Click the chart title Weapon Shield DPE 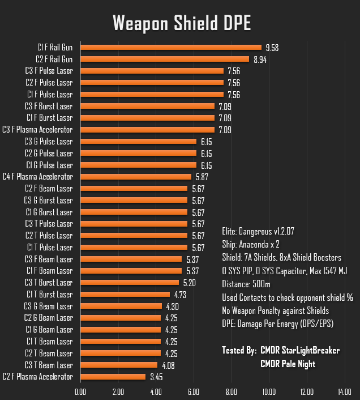pyautogui.click(x=182, y=23)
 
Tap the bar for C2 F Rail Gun pyautogui.click(x=165, y=59)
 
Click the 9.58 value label pyautogui.click(x=273, y=48)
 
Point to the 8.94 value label pyautogui.click(x=260, y=59)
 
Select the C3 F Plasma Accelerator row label pyautogui.click(x=38, y=130)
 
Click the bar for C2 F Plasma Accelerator pyautogui.click(x=113, y=377)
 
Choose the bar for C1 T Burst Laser pyautogui.click(x=125, y=294)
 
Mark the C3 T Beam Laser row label pyautogui.click(x=49, y=365)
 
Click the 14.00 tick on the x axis pyautogui.click(x=344, y=392)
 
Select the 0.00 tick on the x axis pyautogui.click(x=80, y=392)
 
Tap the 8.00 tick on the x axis pyautogui.click(x=231, y=392)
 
